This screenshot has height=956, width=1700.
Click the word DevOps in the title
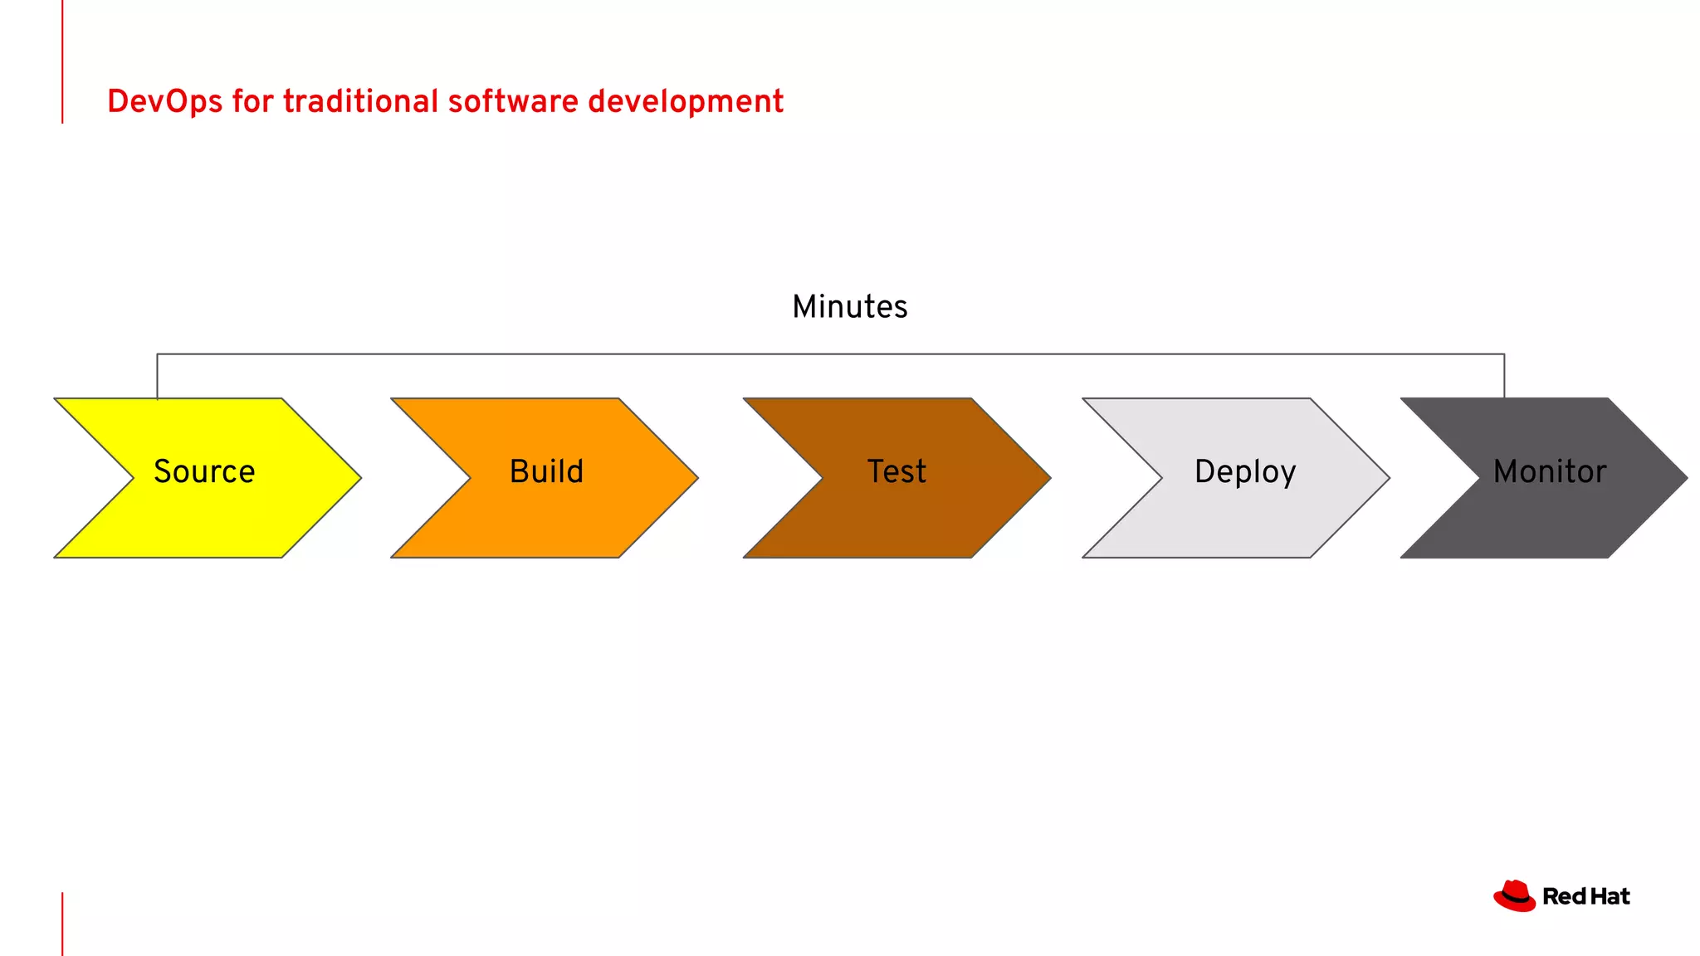pos(165,102)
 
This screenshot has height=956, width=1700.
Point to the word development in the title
pos(686,102)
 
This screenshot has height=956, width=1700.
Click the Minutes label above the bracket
pos(849,307)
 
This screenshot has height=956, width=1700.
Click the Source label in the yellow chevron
pos(204,471)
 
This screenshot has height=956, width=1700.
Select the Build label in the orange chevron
pos(546,471)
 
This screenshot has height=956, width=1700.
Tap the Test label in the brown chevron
pos(896,471)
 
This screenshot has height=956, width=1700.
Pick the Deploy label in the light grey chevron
pos(1244,471)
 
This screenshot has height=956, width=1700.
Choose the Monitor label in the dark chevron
pos(1549,471)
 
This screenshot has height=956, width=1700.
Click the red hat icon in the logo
pos(1514,896)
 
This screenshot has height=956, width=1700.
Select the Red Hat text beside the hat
pos(1585,896)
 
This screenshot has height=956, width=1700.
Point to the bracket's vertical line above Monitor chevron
pos(1504,376)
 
